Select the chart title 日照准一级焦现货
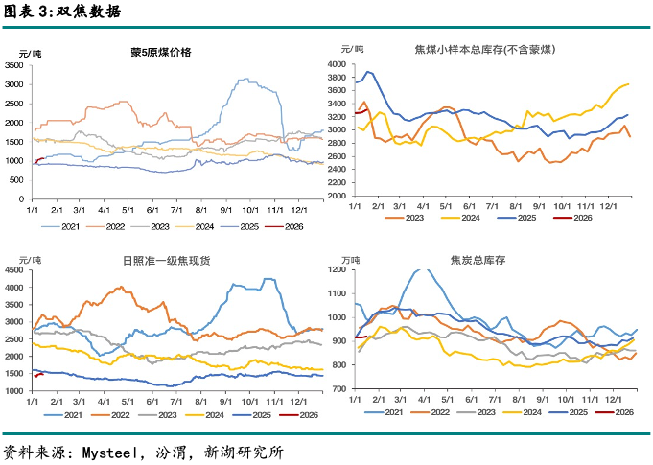tap(161, 260)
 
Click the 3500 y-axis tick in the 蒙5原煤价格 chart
tap(15, 65)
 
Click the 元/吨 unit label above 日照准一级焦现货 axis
tap(31, 260)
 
